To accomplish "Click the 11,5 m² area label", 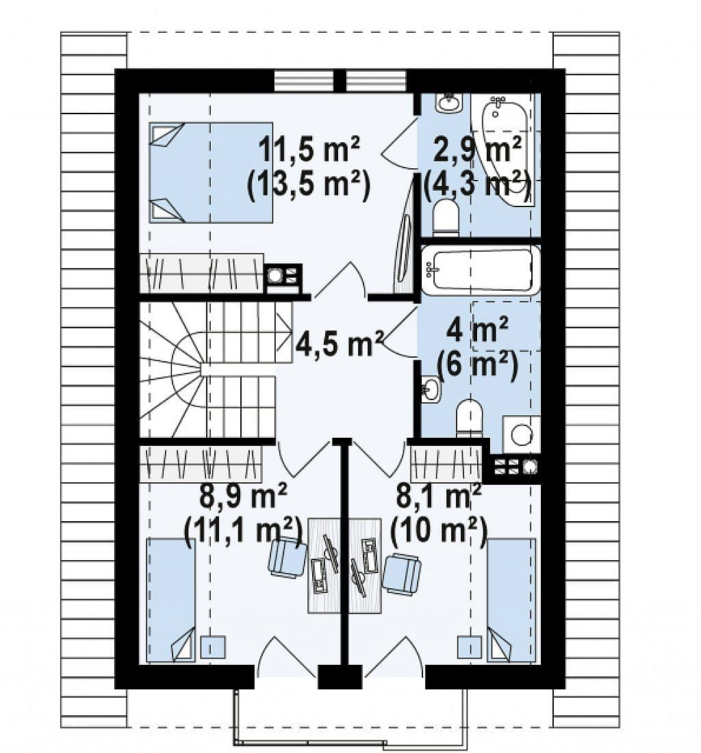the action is coord(309,149).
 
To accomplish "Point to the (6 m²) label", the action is coord(476,366).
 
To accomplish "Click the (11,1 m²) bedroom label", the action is coord(243,531).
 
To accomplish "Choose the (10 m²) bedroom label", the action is coord(439,531).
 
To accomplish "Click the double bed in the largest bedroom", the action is coord(211,172).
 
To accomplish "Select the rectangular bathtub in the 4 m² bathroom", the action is coord(481,269).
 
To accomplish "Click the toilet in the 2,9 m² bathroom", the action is coord(446,218).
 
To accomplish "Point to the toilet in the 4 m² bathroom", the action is coord(469,419).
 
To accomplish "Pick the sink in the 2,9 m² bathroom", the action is coord(449,103).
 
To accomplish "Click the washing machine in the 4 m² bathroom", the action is coord(521,434).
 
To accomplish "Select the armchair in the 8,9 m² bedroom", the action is coord(288,557).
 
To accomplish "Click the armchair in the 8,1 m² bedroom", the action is coord(402,574).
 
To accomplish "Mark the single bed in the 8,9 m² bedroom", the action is coord(171,600).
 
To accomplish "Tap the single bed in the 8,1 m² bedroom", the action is coord(511,600).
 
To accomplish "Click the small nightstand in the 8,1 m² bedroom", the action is coord(470,647).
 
